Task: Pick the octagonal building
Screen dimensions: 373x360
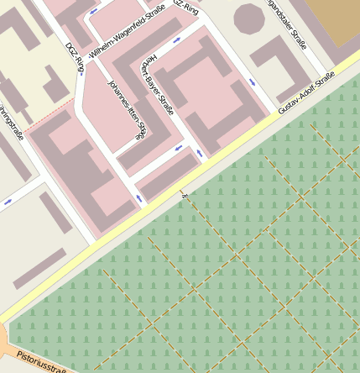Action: [249, 17]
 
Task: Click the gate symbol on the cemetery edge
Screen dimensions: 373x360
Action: [184, 195]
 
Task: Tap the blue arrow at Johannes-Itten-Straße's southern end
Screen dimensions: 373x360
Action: [138, 198]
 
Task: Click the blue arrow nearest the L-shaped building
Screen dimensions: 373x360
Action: [253, 81]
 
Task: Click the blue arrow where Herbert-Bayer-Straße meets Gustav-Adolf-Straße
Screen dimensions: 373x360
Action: [199, 154]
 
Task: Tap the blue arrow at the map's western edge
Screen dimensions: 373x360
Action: [8, 202]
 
